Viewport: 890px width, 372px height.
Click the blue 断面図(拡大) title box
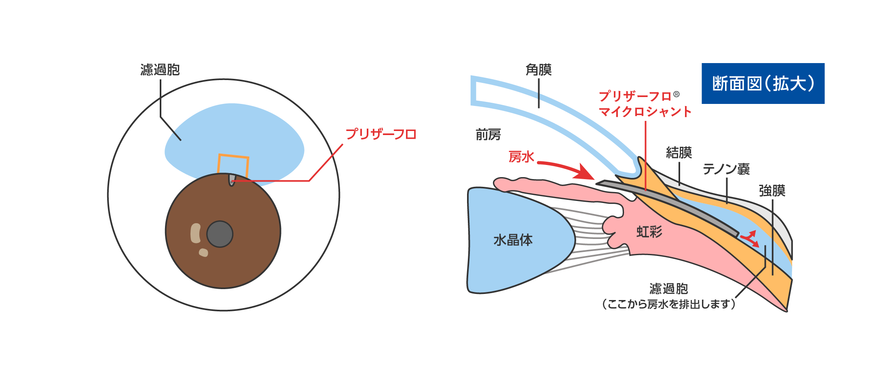pyautogui.click(x=763, y=83)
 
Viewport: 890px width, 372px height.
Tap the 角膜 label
pyautogui.click(x=538, y=70)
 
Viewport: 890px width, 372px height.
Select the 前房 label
pyautogui.click(x=488, y=135)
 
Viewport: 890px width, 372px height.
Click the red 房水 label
pyautogui.click(x=521, y=157)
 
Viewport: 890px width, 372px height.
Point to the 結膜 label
pyautogui.click(x=679, y=153)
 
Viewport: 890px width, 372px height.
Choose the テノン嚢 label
pyautogui.click(x=726, y=169)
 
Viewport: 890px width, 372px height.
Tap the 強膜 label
pyautogui.click(x=772, y=190)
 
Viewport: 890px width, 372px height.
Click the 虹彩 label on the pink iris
pyautogui.click(x=649, y=232)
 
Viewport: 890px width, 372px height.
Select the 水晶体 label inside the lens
pyautogui.click(x=513, y=240)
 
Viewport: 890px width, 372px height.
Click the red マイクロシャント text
pyautogui.click(x=645, y=112)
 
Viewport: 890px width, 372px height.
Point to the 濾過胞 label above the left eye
pyautogui.click(x=160, y=70)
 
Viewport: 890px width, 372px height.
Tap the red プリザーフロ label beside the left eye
pyautogui.click(x=381, y=134)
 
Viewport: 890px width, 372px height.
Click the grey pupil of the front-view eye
pyautogui.click(x=220, y=234)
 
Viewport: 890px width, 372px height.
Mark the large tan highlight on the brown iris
pyautogui.click(x=196, y=233)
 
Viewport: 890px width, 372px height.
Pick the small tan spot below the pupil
pyautogui.click(x=203, y=253)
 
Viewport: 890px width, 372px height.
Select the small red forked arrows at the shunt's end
pyautogui.click(x=750, y=239)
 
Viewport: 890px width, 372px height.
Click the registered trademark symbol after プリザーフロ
pyautogui.click(x=676, y=95)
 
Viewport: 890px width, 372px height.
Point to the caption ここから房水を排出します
pyautogui.click(x=668, y=304)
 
